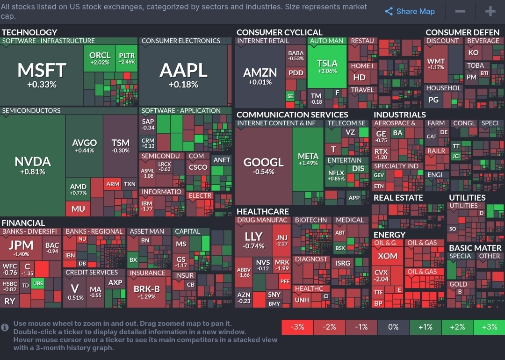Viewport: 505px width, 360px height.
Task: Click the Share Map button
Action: point(410,12)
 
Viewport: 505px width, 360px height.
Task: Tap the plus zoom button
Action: point(490,12)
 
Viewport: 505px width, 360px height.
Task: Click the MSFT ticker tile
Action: point(42,75)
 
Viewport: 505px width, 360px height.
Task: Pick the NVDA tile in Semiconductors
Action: point(33,166)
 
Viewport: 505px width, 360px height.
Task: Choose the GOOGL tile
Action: point(263,166)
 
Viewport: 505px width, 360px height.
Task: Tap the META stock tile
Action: point(308,159)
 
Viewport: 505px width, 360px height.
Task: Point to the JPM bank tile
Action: point(21,248)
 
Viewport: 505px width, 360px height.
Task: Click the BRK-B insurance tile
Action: point(147,292)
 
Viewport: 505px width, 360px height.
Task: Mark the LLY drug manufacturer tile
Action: point(254,239)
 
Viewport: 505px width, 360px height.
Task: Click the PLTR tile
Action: point(127,58)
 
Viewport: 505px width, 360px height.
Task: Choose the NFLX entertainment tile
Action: point(336,175)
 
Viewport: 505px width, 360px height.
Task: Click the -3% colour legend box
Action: point(297,327)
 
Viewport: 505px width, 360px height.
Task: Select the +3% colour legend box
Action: point(489,327)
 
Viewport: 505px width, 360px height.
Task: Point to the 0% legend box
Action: point(393,327)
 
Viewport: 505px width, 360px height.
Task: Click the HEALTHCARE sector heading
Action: point(262,211)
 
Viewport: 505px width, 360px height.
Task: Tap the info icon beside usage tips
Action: point(5,327)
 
